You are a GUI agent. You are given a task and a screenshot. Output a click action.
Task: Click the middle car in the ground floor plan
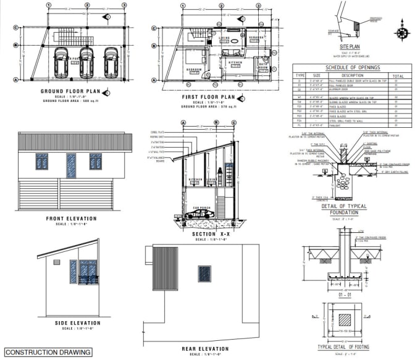pos(86,62)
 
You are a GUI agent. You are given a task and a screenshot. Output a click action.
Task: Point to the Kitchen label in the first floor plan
pos(235,62)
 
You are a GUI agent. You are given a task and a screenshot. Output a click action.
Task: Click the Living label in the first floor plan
pos(225,38)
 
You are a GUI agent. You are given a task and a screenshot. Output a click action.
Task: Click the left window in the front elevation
pos(42,162)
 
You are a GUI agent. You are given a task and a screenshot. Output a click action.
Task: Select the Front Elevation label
pos(71,218)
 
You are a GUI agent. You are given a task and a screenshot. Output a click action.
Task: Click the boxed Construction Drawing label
pos(47,352)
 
